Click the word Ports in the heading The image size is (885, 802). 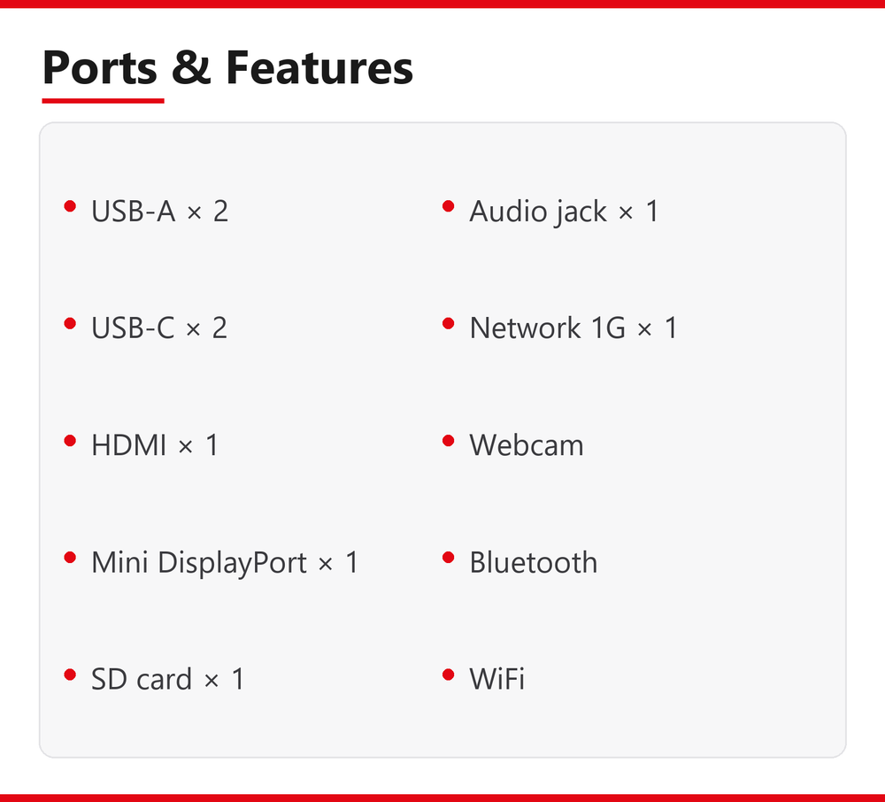click(99, 68)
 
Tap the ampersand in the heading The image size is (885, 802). click(191, 67)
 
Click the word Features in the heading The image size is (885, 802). click(319, 67)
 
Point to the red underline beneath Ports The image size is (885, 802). click(103, 100)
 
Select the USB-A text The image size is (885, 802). click(134, 211)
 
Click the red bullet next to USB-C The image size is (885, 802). click(70, 323)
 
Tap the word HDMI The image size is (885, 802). click(128, 444)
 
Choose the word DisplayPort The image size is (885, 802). click(232, 563)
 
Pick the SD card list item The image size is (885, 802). click(168, 678)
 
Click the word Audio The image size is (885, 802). click(508, 211)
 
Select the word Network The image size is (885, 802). click(525, 328)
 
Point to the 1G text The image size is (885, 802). click(608, 328)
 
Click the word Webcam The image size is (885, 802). click(527, 444)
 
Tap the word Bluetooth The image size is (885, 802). click(534, 562)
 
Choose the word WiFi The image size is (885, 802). click(496, 678)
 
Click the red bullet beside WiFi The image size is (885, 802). click(448, 675)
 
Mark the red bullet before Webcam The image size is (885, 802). click(448, 440)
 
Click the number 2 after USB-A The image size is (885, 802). click(220, 211)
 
